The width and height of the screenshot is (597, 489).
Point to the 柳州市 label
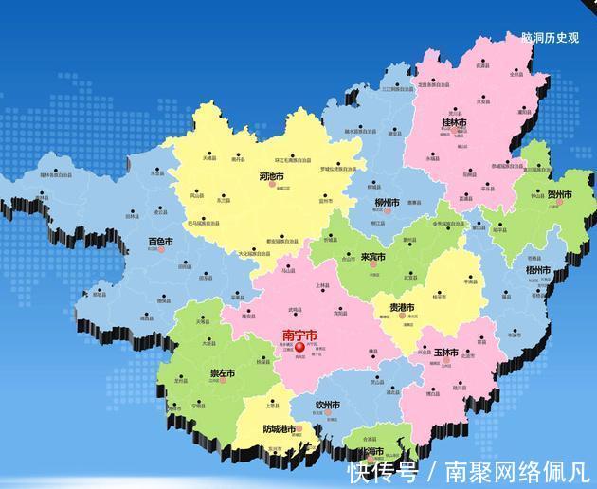click(x=386, y=203)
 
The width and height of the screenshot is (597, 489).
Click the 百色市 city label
click(x=161, y=243)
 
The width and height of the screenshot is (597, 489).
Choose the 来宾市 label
click(x=373, y=257)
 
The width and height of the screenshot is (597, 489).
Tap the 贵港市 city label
click(x=401, y=308)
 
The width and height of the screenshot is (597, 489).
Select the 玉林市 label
click(x=445, y=353)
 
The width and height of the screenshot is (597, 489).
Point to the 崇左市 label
click(x=223, y=373)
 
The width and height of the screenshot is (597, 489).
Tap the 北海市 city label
click(x=369, y=451)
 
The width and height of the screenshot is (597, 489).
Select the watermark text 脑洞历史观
click(x=550, y=38)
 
